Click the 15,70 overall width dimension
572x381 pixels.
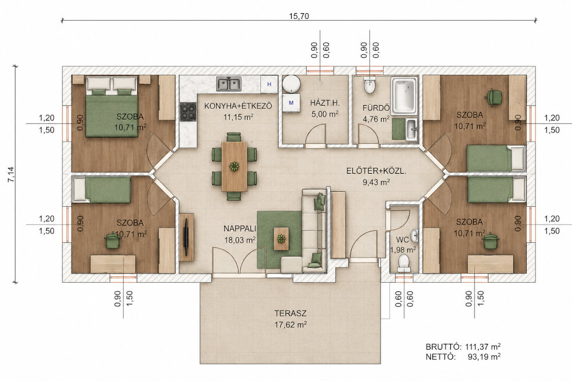pos(299,16)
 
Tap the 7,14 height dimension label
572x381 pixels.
pos(11,174)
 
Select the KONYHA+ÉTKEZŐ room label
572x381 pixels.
pos(238,106)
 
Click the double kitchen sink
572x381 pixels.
pos(229,83)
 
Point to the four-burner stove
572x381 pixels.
pos(188,112)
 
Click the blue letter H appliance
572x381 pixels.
pos(269,85)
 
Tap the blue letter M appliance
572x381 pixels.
pos(291,103)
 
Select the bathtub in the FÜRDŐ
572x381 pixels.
pos(404,94)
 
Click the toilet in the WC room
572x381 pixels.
pos(403,263)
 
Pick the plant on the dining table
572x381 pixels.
pos(234,166)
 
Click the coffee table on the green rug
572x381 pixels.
pos(281,239)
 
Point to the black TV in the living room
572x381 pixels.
pos(186,236)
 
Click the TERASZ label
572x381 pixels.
pos(291,313)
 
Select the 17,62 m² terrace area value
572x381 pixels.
pos(291,324)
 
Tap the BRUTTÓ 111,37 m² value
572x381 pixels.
pos(483,346)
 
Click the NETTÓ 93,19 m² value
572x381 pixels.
pos(484,356)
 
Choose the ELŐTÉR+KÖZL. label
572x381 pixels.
pos(376,171)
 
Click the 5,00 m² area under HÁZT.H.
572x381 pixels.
pos(325,114)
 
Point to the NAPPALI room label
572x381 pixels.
pos(240,228)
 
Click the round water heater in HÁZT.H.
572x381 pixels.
pos(291,84)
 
